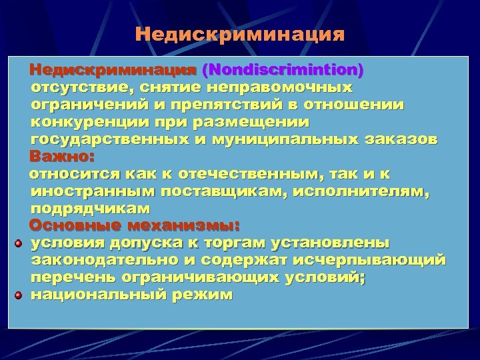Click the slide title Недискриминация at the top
240,34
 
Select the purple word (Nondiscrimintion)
283,69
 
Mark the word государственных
103,139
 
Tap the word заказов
407,139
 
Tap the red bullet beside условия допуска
19,243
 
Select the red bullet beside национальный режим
19,294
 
